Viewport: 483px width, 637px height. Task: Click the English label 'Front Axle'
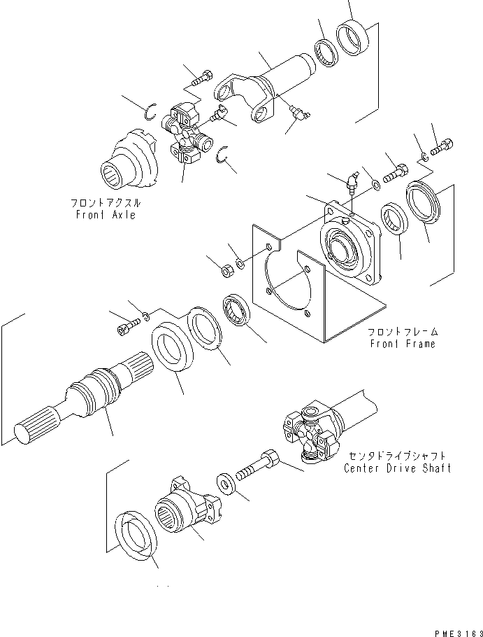pos(106,215)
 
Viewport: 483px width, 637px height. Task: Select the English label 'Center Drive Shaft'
pos(397,468)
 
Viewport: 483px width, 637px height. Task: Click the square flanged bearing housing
pos(351,241)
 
